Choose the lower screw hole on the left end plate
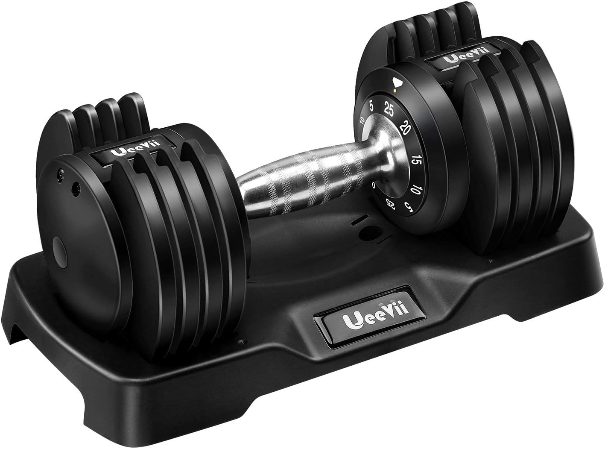(77, 187)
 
